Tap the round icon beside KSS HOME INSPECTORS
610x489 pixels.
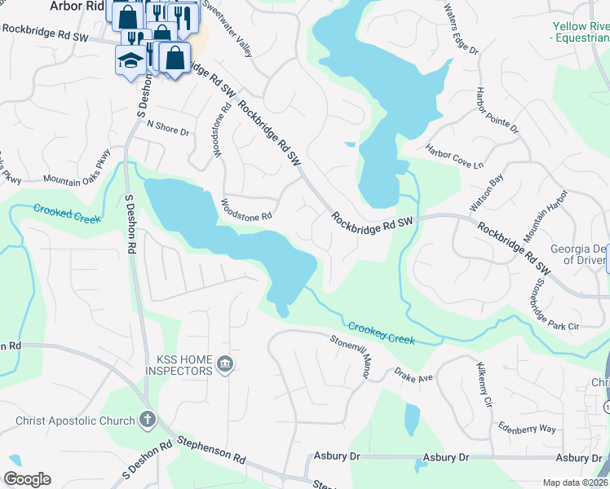click(x=226, y=363)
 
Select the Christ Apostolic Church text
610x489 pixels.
click(x=74, y=421)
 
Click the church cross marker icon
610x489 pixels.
click(x=147, y=420)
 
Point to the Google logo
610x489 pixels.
click(x=27, y=479)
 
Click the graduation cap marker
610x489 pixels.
click(x=130, y=61)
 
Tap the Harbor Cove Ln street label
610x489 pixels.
click(x=454, y=156)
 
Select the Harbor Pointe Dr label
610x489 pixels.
click(x=497, y=110)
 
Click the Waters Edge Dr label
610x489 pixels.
click(x=460, y=29)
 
